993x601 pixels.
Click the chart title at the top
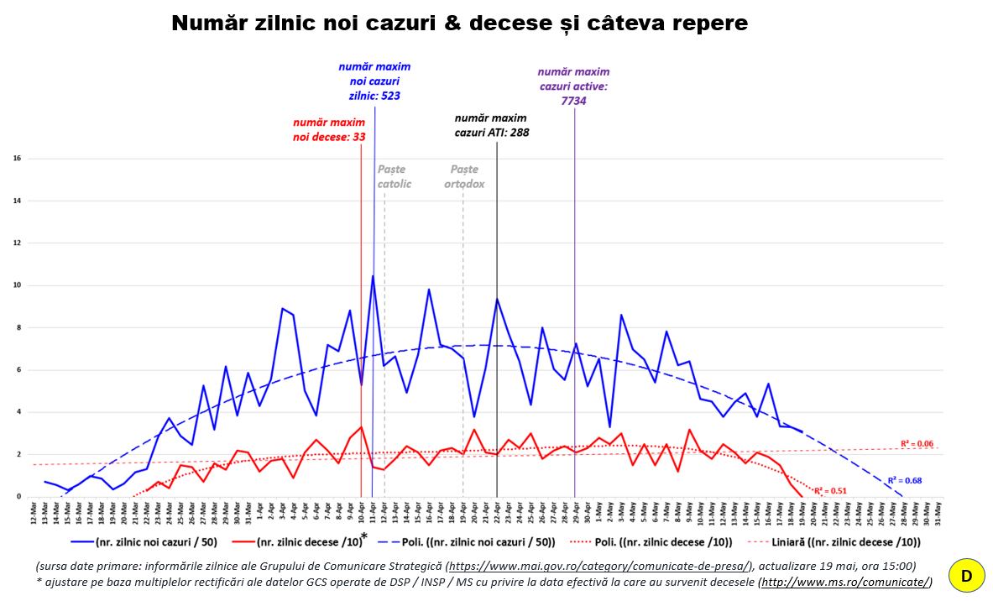click(459, 24)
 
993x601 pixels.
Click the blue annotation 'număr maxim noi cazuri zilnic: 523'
click(374, 81)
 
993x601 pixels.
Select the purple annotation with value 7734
click(573, 86)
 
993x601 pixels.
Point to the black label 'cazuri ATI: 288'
click(491, 133)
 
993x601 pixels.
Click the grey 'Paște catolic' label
click(394, 177)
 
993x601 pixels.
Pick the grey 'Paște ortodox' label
click(464, 177)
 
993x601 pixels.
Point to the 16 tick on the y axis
click(17, 159)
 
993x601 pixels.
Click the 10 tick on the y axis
click(17, 285)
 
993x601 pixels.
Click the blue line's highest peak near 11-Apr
click(373, 276)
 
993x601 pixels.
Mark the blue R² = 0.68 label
click(906, 481)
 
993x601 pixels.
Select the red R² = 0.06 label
click(917, 444)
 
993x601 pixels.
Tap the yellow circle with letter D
click(966, 577)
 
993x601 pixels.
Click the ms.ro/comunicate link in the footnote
click(844, 582)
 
